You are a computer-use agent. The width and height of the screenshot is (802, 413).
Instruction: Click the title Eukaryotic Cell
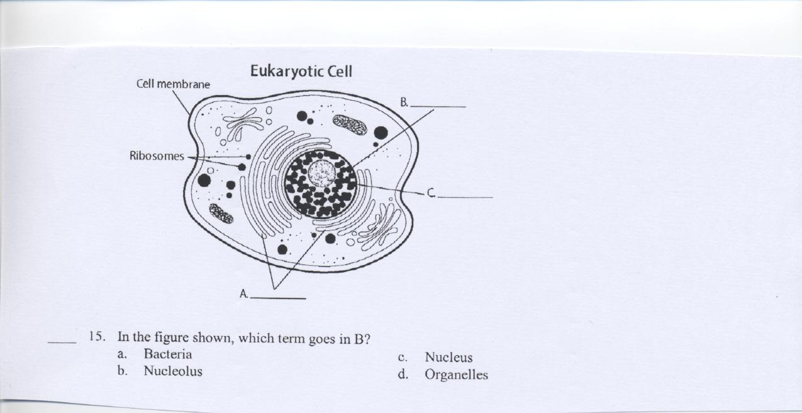click(x=301, y=71)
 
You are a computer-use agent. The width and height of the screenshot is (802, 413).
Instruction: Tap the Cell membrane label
click(x=173, y=84)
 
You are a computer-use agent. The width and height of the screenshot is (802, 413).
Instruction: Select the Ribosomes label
click(x=157, y=156)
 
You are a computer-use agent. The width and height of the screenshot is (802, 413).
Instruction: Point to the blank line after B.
click(x=438, y=106)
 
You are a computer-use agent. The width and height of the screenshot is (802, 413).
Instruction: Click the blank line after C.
click(x=465, y=197)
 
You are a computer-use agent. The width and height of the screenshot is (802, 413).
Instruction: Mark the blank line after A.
click(x=278, y=298)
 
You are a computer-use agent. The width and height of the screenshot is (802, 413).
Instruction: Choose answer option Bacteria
click(x=167, y=354)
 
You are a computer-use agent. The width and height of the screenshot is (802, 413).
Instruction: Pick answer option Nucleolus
click(x=173, y=371)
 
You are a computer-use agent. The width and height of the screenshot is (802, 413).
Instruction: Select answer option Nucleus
click(x=448, y=358)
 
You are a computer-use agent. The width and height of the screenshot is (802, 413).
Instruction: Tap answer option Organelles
click(x=456, y=375)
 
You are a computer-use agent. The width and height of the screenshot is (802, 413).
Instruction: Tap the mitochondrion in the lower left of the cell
click(x=221, y=213)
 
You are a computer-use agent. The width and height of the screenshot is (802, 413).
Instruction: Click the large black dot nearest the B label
click(x=381, y=132)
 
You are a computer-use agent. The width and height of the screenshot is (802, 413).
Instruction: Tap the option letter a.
click(x=121, y=354)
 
